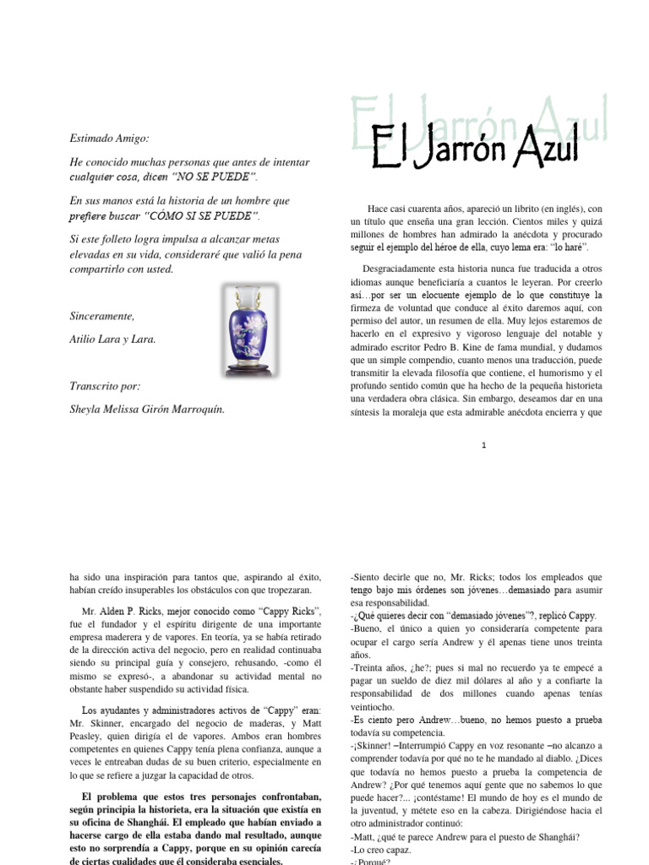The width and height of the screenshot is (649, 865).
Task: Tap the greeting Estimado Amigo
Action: (110, 138)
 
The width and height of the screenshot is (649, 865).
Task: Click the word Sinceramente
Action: (101, 315)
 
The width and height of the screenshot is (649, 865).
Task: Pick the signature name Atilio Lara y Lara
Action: (112, 340)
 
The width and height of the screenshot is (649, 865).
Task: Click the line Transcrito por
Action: (105, 386)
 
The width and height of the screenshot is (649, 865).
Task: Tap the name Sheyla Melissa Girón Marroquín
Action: (148, 411)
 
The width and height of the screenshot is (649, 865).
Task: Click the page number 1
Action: (483, 446)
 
